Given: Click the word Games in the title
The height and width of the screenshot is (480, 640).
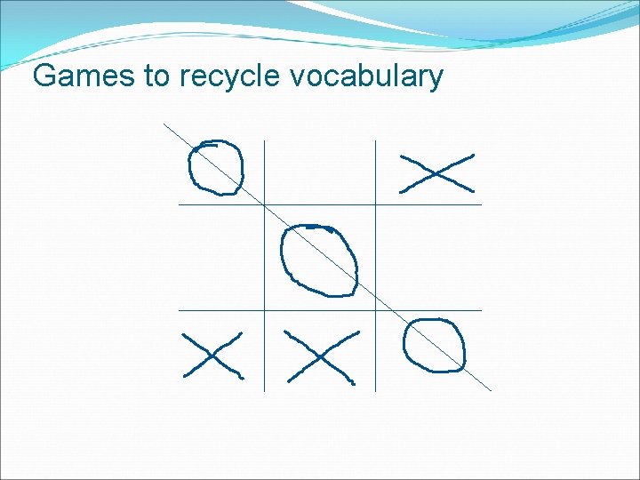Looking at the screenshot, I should pyautogui.click(x=84, y=76).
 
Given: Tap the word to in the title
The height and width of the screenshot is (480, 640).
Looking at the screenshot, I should pyautogui.click(x=156, y=76).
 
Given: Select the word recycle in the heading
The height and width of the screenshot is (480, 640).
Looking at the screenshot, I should pyautogui.click(x=230, y=77).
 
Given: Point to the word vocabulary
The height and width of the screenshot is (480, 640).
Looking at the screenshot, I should pyautogui.click(x=366, y=77).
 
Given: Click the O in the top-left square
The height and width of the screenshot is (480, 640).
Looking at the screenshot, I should pyautogui.click(x=215, y=166).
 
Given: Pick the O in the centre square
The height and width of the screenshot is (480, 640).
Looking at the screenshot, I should pyautogui.click(x=319, y=260).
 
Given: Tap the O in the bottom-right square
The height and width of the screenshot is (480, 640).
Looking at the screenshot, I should pyautogui.click(x=434, y=345).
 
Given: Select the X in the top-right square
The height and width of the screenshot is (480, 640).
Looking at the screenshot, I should pyautogui.click(x=436, y=172).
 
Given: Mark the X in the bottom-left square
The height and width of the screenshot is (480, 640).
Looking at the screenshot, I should pyautogui.click(x=212, y=355).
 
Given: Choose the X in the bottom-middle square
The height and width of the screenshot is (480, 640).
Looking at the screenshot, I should pyautogui.click(x=321, y=356).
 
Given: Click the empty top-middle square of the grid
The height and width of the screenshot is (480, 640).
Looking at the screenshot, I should pyautogui.click(x=320, y=172).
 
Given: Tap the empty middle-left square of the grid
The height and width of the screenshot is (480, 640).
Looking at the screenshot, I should pyautogui.click(x=221, y=258).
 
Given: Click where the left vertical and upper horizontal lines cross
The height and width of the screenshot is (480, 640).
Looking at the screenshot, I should pyautogui.click(x=265, y=204).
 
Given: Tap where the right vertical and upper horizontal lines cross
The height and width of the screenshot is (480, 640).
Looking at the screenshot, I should pyautogui.click(x=375, y=204).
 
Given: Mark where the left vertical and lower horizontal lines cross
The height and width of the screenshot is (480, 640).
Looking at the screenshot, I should pyautogui.click(x=265, y=310).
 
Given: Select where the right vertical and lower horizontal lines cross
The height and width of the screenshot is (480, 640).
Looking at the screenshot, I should pyautogui.click(x=375, y=310).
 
